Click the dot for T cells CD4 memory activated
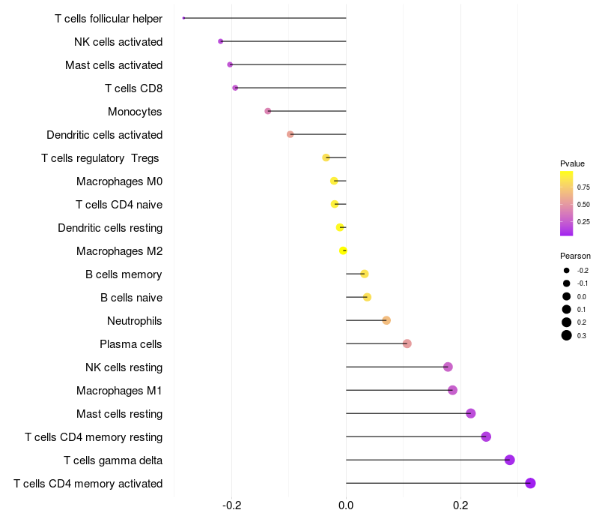[x=530, y=483]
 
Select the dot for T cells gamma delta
[x=510, y=460]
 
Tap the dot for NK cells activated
[x=220, y=41]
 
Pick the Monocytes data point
[x=268, y=111]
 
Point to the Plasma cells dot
[x=407, y=343]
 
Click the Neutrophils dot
[x=386, y=320]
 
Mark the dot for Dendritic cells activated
[x=291, y=134]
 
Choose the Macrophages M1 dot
[x=452, y=390]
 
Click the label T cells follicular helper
[x=109, y=18]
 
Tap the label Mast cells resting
[x=119, y=413]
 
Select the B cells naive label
[x=131, y=297]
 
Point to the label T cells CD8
[x=133, y=88]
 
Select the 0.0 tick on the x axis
[x=346, y=506]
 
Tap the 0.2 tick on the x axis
[x=460, y=506]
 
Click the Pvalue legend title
[x=573, y=163]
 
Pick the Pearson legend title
[x=575, y=256]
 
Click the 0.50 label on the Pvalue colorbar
[x=583, y=204]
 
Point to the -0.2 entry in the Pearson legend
[x=583, y=270]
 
